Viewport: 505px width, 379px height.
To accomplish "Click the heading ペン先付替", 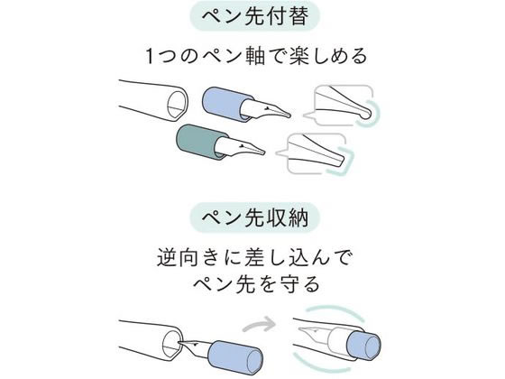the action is [254, 16].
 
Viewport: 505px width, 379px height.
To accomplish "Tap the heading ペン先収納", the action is [254, 217].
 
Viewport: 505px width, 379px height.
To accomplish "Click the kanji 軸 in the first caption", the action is [254, 56].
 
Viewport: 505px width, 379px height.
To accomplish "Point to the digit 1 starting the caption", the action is [150, 56].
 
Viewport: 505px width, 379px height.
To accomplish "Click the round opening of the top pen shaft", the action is [178, 104].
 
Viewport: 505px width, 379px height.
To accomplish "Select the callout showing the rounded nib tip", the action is [343, 106].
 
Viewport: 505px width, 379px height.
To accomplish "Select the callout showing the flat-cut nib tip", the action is [316, 153].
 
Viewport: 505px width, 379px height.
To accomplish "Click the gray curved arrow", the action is [260, 324].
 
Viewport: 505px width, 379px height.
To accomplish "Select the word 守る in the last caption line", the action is [298, 284].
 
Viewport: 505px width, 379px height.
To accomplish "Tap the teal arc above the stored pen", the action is [335, 310].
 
